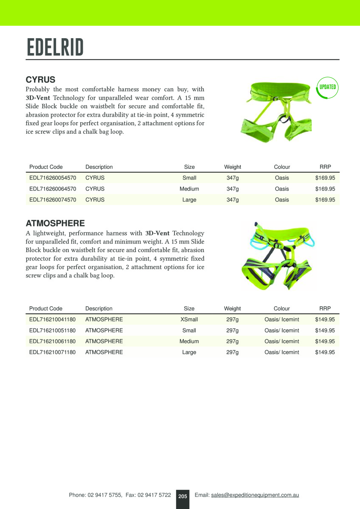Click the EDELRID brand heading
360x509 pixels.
coord(55,47)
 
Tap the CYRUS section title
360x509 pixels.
coord(41,80)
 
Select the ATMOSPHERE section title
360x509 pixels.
coord(55,223)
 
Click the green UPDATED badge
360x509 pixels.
coord(327,87)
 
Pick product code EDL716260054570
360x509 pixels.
coord(53,178)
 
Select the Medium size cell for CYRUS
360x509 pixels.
coord(189,189)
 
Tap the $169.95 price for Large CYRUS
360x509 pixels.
coord(325,200)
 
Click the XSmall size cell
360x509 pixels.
coord(189,319)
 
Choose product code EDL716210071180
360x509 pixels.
coord(53,352)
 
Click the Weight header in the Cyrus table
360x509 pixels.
coord(233,167)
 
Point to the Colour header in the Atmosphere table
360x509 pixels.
coord(282,308)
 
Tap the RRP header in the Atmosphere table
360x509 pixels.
coord(325,308)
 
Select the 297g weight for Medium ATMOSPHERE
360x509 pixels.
coord(232,341)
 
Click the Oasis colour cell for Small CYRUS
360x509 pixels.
coord(282,178)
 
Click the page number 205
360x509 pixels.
coord(183,496)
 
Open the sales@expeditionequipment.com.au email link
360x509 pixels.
coord(255,495)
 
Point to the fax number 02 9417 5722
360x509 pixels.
coord(155,495)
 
